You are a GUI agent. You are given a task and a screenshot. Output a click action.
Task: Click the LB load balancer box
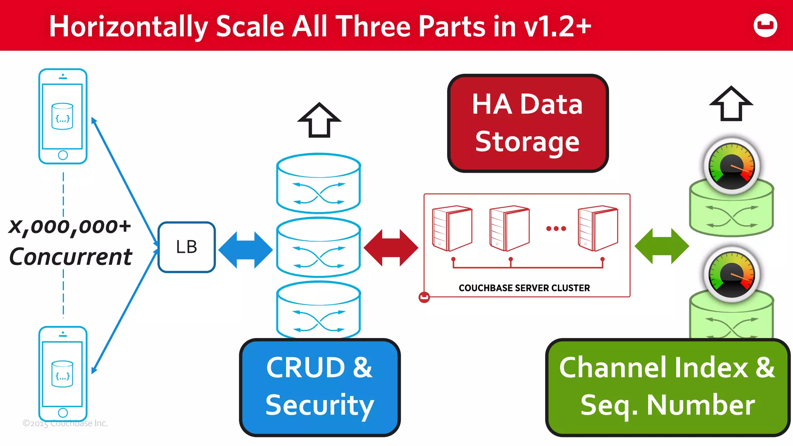(187, 247)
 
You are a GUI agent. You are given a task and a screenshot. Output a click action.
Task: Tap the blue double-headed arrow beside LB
(245, 249)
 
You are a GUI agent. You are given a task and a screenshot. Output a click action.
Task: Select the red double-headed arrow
(391, 248)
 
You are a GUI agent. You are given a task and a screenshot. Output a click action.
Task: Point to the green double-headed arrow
(662, 246)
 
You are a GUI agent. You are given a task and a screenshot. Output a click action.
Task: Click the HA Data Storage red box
(527, 123)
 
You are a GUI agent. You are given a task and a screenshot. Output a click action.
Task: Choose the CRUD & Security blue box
(319, 387)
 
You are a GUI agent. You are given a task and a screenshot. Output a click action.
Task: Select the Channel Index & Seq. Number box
(667, 387)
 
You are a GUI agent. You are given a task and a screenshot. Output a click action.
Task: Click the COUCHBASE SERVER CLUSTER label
(524, 288)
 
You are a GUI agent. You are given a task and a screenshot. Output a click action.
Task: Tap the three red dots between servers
(556, 228)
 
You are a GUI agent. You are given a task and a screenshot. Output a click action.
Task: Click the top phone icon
(63, 116)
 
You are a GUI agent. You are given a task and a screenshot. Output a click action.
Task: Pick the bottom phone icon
(63, 374)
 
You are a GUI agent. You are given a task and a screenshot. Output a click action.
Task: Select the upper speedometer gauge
(731, 166)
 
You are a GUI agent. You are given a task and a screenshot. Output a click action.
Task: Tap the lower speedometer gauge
(731, 274)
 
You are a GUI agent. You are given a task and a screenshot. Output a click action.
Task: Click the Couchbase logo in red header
(765, 26)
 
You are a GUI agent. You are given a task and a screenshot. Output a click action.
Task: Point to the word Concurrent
(70, 257)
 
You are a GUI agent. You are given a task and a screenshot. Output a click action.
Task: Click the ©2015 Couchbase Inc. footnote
(65, 423)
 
